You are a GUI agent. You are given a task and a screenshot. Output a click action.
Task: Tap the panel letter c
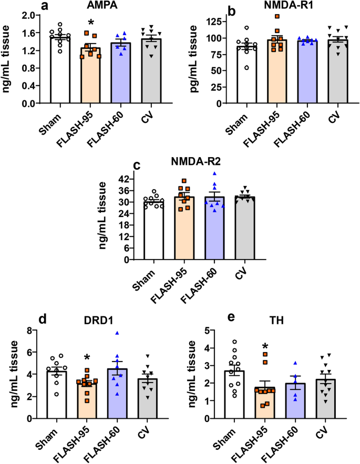pos(136,165)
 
